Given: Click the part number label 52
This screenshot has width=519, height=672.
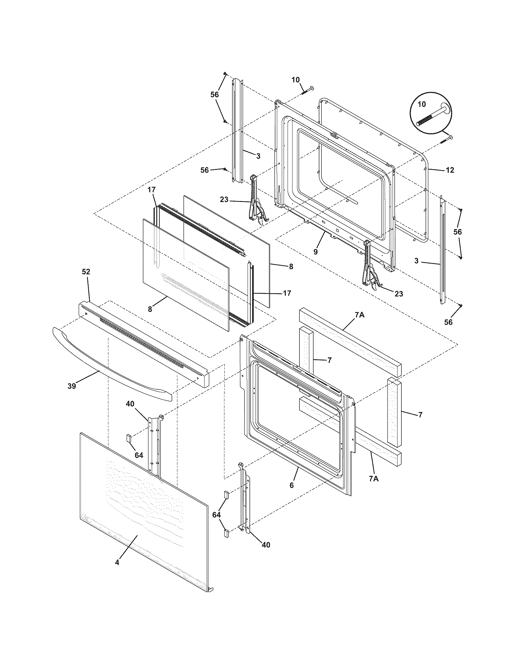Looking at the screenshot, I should click(86, 272).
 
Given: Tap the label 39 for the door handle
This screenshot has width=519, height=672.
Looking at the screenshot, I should click(72, 386).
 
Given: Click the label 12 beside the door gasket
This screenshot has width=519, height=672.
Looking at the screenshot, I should click(450, 170).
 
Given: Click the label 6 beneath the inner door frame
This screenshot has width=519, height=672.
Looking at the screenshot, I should click(292, 485).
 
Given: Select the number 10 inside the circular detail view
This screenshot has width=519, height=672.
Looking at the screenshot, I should click(422, 104).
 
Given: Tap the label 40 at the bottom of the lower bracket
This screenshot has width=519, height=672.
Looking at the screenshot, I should click(266, 545).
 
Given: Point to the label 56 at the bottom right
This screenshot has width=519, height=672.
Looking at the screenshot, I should click(448, 322).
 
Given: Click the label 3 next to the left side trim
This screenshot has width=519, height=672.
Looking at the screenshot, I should click(258, 156).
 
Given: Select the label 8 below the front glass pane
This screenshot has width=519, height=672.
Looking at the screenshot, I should click(150, 309).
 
